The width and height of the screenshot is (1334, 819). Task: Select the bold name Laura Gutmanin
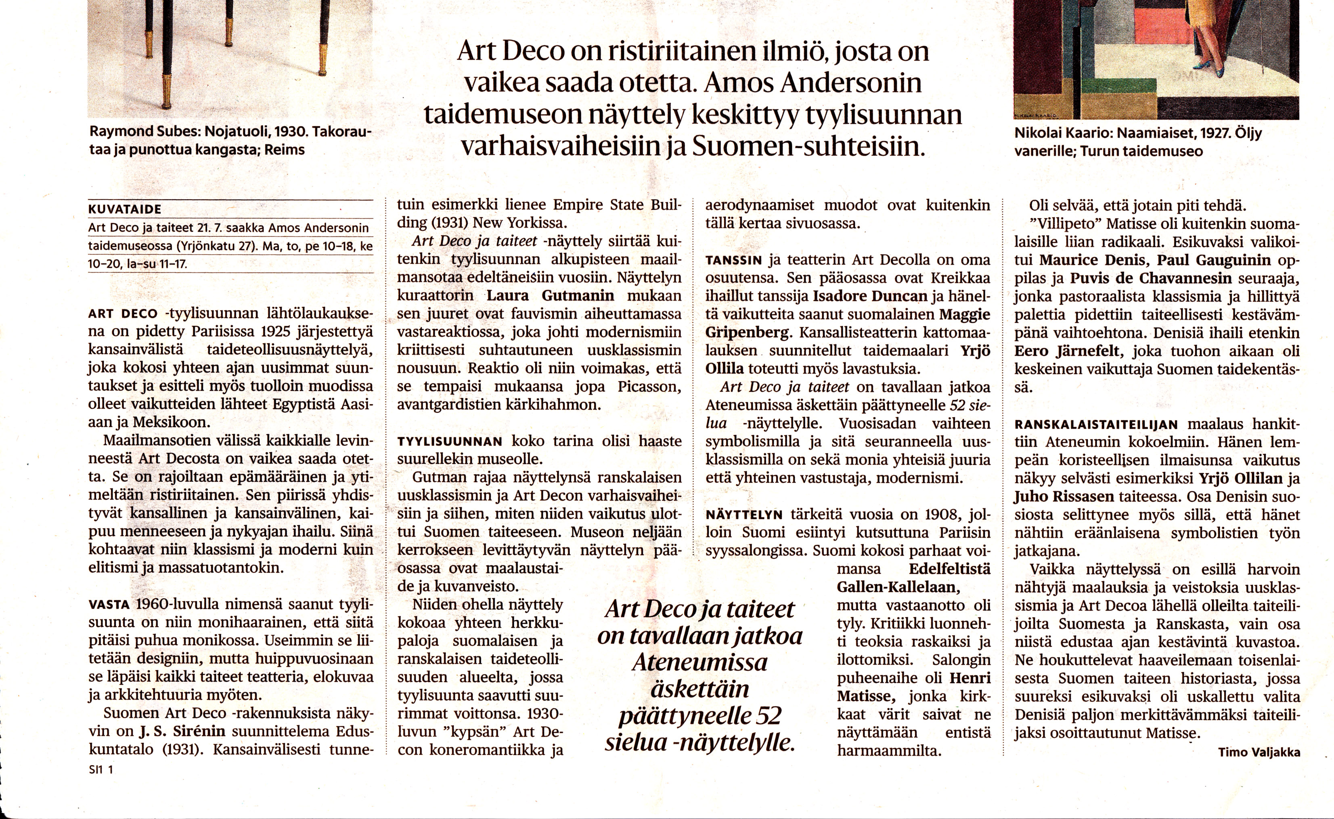pyautogui.click(x=550, y=296)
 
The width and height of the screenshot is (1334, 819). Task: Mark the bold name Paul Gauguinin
pyautogui.click(x=1214, y=260)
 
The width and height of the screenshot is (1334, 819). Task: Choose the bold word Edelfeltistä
pyautogui.click(x=949, y=569)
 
